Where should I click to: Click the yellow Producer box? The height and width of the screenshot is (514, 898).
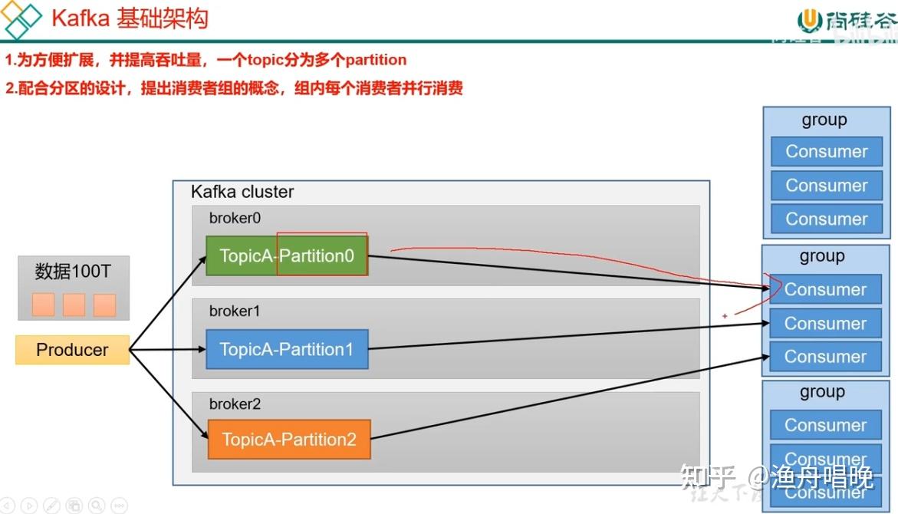(72, 350)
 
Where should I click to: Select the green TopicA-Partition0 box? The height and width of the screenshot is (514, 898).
(287, 255)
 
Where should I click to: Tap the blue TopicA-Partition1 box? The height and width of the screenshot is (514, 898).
(287, 349)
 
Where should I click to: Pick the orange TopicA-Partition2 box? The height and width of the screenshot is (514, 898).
(289, 440)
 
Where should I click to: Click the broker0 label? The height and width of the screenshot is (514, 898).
(235, 218)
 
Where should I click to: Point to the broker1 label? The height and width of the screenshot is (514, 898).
(235, 311)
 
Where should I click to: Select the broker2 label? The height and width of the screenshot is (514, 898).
(235, 404)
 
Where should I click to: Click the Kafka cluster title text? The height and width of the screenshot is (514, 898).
(242, 192)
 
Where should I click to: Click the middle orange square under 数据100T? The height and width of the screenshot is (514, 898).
(74, 305)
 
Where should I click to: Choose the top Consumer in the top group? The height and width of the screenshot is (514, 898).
(826, 151)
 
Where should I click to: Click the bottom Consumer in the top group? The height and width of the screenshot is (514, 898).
(826, 219)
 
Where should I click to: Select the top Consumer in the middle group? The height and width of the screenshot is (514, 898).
(825, 289)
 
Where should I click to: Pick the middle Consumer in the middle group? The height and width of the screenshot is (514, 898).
(825, 323)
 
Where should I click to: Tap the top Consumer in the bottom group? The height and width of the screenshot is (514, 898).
(825, 425)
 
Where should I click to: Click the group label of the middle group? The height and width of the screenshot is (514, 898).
(822, 256)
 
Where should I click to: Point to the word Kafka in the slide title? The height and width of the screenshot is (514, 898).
(81, 18)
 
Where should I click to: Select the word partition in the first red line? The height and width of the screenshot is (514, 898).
(376, 60)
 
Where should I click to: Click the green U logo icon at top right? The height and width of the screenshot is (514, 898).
(810, 19)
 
